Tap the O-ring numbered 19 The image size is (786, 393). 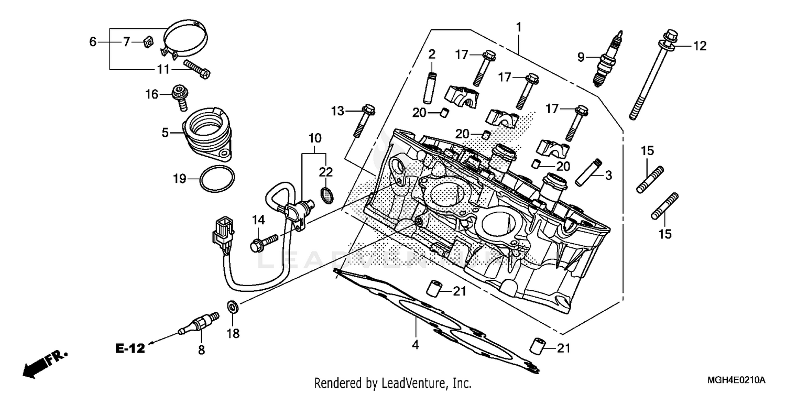point(217,179)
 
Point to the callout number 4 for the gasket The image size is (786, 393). point(416,345)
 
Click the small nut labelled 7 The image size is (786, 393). point(148,41)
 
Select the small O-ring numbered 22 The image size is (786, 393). point(326,195)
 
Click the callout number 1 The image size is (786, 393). point(519,26)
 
